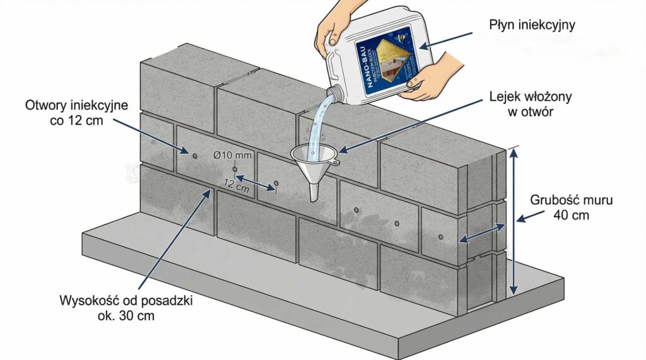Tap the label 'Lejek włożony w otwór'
coord(522,106)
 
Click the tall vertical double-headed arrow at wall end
coord(515,221)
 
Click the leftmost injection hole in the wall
coord(194,155)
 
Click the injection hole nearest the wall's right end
coord(440,238)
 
